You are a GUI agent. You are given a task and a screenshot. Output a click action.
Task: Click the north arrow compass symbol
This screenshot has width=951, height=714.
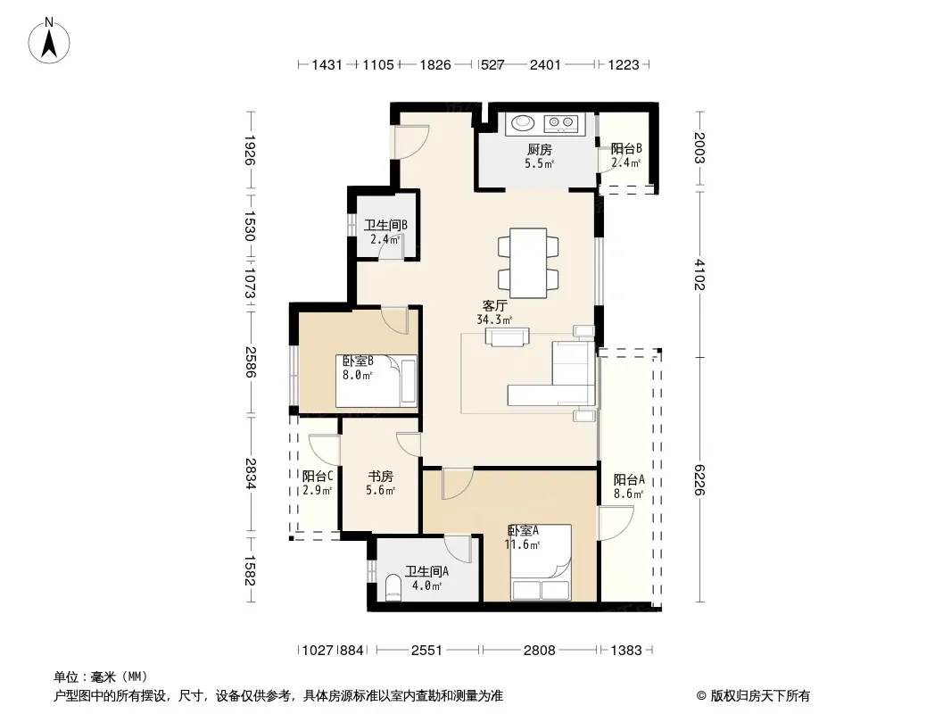pos(49,41)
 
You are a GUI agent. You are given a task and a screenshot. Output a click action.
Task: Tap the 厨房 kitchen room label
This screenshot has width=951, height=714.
pos(539,149)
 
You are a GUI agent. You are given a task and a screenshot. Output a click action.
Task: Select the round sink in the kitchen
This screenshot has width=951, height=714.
pos(523,123)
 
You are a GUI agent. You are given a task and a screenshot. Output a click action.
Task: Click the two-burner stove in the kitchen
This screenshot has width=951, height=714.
pos(561,124)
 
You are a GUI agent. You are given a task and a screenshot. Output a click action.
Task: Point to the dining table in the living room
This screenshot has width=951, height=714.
pos(528,262)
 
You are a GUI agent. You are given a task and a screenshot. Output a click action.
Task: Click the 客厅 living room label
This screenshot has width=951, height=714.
pos(494,306)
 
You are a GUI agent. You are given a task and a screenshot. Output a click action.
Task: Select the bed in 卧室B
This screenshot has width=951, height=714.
pos(376,381)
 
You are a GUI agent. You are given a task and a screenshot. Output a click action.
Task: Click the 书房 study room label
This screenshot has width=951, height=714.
pos(380,477)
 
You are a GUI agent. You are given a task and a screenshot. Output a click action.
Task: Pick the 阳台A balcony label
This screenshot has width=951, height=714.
pos(629,480)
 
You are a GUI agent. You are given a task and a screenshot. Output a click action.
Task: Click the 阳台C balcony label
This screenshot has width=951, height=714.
pos(318,477)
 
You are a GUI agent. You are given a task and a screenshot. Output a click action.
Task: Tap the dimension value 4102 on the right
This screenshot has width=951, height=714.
pos(700,275)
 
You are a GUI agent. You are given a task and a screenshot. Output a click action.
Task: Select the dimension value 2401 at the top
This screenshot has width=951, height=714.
pos(545,64)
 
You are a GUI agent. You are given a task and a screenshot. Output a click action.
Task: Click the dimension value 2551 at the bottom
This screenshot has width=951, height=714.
pos(427,651)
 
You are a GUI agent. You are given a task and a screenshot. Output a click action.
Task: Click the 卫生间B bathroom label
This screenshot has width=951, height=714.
pos(385,225)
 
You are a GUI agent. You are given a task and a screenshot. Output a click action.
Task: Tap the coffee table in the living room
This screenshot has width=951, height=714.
pos(507,336)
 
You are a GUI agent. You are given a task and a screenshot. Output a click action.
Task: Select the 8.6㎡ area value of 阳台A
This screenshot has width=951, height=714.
pos(628,494)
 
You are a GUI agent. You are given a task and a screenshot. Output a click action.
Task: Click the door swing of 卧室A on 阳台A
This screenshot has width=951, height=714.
pos(616,523)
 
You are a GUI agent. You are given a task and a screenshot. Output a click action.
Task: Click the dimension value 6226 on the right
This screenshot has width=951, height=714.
pos(700,480)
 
